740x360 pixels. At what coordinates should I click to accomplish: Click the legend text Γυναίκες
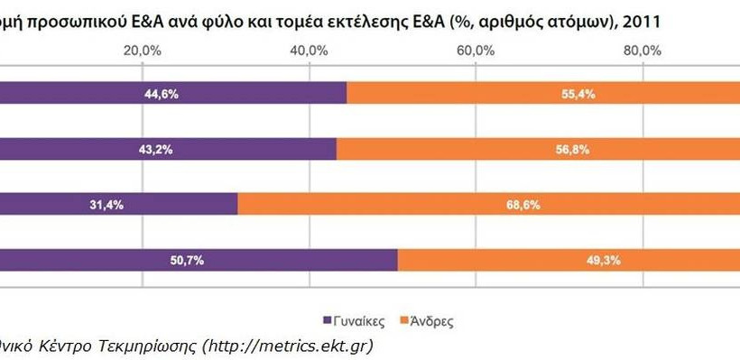click(x=361, y=319)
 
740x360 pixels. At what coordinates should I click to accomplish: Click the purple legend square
click(x=328, y=319)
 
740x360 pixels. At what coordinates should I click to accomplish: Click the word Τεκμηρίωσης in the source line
click(x=142, y=345)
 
